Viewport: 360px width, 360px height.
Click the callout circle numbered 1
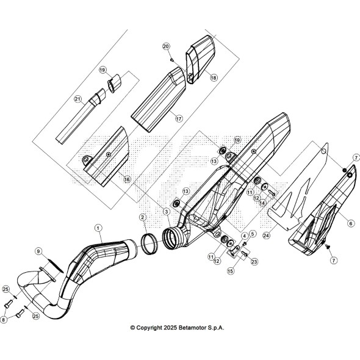pyautogui.click(x=98, y=228)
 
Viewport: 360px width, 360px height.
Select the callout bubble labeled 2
pyautogui.click(x=143, y=217)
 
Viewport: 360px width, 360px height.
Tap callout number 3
pyautogui.click(x=167, y=212)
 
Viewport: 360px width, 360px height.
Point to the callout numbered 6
pyautogui.click(x=351, y=223)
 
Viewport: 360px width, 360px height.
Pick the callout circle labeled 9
pyautogui.click(x=38, y=251)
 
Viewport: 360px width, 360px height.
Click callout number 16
pyautogui.click(x=127, y=179)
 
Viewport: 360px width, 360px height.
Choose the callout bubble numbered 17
pyautogui.click(x=179, y=119)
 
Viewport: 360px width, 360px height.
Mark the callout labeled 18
pyautogui.click(x=214, y=77)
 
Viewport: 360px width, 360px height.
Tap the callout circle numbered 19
pyautogui.click(x=103, y=70)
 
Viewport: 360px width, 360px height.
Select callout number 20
pyautogui.click(x=166, y=46)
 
